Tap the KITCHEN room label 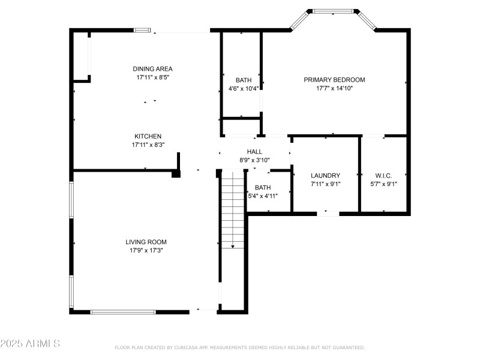pyautogui.click(x=148, y=136)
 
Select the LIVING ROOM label pyautogui.click(x=146, y=242)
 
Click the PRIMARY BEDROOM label pyautogui.click(x=334, y=80)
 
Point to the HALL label pyautogui.click(x=254, y=152)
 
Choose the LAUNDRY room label pyautogui.click(x=325, y=175)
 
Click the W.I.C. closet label pyautogui.click(x=383, y=175)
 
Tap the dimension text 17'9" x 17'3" pyautogui.click(x=146, y=250)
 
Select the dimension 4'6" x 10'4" pyautogui.click(x=243, y=89)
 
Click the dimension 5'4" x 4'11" pyautogui.click(x=262, y=196)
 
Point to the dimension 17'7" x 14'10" pyautogui.click(x=334, y=88)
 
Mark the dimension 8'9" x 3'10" pyautogui.click(x=254, y=160)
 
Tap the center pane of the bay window pyautogui.click(x=333, y=11)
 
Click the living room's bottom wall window pyautogui.click(x=123, y=312)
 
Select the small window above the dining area pyautogui.click(x=142, y=30)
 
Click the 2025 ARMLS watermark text pyautogui.click(x=30, y=344)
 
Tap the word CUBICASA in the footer pyautogui.click(x=191, y=347)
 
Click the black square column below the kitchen pyautogui.click(x=176, y=174)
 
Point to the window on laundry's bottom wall pyautogui.click(x=327, y=212)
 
